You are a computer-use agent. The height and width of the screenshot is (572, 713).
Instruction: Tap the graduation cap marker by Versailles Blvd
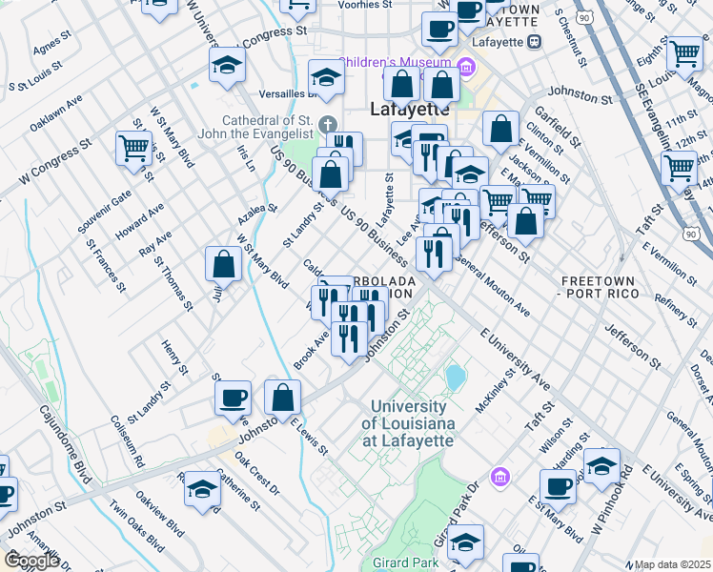[x=326, y=78]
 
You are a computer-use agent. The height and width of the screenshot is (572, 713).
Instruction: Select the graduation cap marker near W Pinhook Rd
[x=601, y=466]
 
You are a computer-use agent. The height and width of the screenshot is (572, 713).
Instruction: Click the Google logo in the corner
[x=31, y=561]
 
